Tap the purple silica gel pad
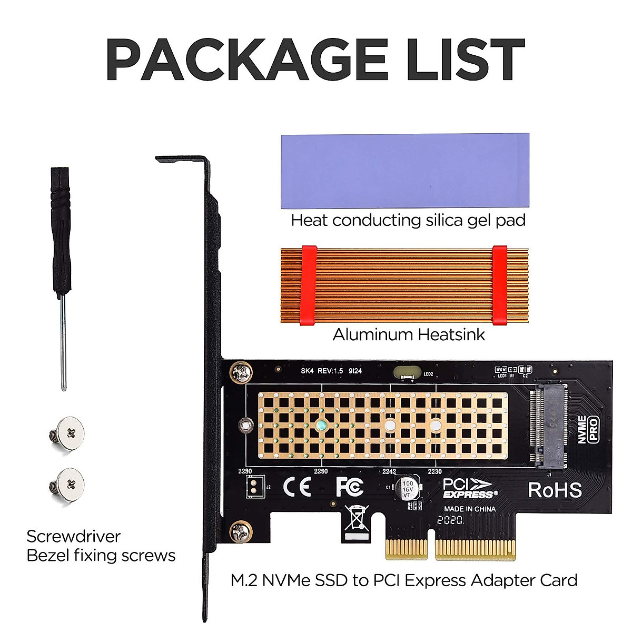[x=405, y=172]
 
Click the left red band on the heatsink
[x=308, y=284]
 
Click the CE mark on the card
[x=297, y=487]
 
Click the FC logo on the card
[x=349, y=487]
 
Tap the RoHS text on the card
[x=555, y=490]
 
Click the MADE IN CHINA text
[x=469, y=509]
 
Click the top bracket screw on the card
[x=241, y=373]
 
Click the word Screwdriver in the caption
[x=73, y=536]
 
